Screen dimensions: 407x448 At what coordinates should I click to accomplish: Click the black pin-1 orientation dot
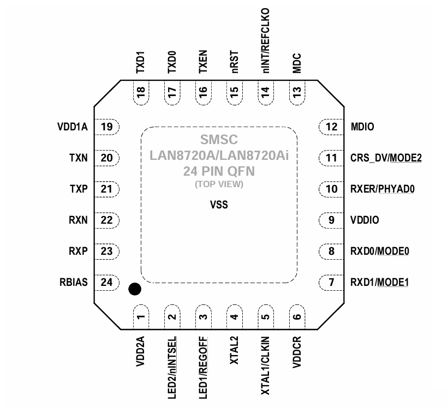coord(134,289)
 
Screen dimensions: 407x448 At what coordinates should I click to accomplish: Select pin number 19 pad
coord(107,127)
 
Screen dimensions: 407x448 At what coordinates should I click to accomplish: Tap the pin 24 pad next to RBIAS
coord(107,283)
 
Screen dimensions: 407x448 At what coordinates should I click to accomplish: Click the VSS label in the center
coord(219,206)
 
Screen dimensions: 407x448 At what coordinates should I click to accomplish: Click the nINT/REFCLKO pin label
coord(266,40)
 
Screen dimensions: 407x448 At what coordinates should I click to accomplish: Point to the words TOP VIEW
coord(219,184)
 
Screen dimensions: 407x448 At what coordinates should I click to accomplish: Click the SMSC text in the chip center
coord(219,140)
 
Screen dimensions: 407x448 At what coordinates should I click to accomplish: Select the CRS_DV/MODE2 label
coord(386,159)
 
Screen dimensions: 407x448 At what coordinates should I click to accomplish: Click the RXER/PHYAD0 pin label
coord(383,189)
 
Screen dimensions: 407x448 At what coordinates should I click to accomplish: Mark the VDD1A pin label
coord(71,128)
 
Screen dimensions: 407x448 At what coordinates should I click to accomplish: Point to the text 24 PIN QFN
coord(219,171)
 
